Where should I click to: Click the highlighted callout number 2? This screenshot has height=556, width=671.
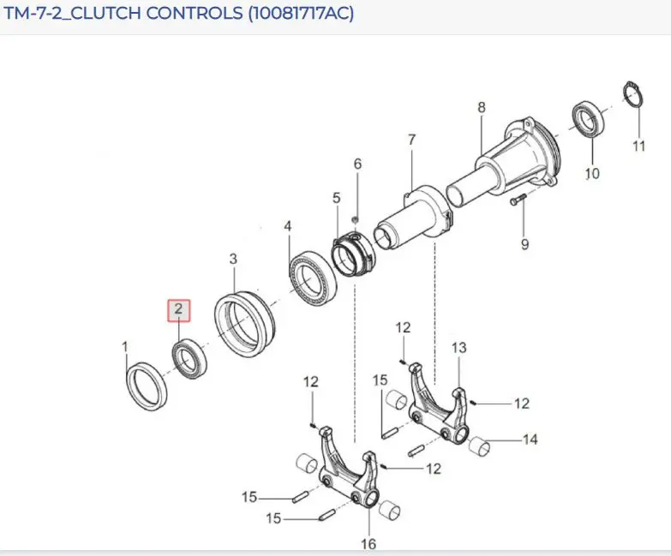[178, 308]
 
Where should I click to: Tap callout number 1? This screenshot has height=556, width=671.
[125, 346]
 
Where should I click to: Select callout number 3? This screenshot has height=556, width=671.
[233, 259]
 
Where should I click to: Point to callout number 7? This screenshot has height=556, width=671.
[411, 140]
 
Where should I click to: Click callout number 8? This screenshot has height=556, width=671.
[482, 107]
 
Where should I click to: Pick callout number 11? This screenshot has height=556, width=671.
[639, 146]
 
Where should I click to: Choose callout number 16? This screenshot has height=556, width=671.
[368, 544]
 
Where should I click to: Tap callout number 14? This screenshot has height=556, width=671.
[530, 439]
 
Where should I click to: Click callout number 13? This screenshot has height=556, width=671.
[458, 348]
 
